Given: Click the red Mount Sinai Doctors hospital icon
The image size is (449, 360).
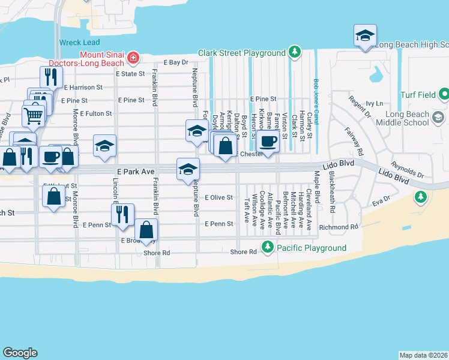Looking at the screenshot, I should point(133,58).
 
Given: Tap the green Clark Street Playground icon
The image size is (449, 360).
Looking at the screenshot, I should point(294,52).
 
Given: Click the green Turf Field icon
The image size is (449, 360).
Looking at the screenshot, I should point(444,94).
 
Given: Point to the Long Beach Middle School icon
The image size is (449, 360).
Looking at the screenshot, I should point(438,116).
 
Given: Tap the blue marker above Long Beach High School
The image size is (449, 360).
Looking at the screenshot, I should point(364,35).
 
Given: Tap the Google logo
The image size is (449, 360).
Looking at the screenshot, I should point(20,353).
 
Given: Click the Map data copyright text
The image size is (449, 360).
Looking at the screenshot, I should point(424,355).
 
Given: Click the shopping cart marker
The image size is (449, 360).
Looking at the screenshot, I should point(34,115).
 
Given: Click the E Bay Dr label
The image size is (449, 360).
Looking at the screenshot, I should point(176,62).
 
